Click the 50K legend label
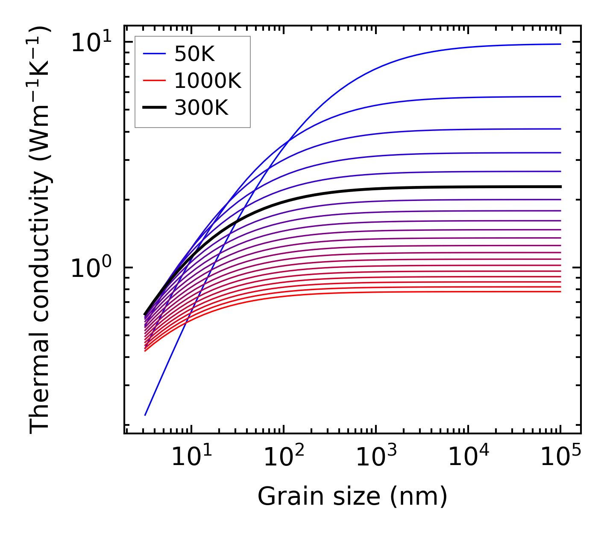194,54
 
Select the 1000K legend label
208,81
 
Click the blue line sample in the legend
154,54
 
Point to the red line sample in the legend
154,80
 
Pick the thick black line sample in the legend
154,107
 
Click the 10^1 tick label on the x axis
191,457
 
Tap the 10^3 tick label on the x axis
375,457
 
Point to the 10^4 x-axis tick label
468,457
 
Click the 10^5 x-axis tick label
560,457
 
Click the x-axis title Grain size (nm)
352,496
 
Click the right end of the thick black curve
560,186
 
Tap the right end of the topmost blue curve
560,44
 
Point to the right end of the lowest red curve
560,291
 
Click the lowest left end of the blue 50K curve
145,415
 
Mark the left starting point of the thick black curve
145,314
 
